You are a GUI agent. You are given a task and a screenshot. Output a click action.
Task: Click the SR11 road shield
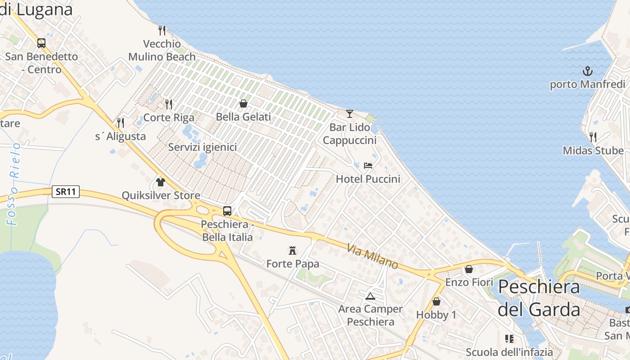66,192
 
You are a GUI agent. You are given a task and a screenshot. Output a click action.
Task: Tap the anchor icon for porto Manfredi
587,71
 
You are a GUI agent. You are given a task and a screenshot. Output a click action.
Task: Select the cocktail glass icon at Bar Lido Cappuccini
350,113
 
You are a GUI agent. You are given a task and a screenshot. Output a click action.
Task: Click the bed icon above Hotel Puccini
368,165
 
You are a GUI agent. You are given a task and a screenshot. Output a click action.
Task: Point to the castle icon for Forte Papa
292,250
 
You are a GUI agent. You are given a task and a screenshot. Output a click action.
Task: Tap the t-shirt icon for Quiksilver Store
161,182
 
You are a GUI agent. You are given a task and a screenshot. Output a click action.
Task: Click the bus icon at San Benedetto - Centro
41,43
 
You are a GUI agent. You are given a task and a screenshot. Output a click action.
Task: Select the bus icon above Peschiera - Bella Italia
227,211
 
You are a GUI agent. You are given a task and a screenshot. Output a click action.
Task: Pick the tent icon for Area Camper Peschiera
370,296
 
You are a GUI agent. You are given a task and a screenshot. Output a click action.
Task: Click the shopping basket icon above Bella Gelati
243,103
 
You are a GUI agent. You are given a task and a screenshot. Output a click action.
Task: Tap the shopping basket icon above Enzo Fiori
469,269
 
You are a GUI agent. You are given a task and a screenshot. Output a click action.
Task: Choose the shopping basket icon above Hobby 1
436,301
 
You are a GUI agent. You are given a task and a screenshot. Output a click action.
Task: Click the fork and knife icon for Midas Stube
593,137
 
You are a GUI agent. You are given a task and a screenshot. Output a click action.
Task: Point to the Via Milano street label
373,256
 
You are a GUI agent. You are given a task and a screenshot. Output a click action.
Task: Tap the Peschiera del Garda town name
539,298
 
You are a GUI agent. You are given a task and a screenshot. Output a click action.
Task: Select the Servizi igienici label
202,147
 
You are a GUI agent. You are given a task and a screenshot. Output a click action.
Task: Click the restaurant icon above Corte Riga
169,104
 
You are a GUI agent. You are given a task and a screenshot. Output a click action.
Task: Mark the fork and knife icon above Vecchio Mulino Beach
162,31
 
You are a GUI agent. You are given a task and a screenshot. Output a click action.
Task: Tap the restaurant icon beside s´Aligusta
121,122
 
